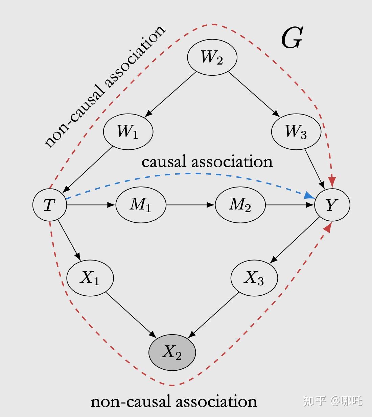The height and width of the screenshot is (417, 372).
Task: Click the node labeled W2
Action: [212, 57]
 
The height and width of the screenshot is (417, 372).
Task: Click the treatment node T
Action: [49, 205]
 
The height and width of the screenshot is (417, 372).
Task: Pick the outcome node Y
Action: [332, 205]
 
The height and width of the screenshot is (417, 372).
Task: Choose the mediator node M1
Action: [141, 205]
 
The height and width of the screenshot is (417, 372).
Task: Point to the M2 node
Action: [240, 205]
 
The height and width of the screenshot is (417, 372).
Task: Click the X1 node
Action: [90, 278]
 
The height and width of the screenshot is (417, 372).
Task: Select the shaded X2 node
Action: [172, 352]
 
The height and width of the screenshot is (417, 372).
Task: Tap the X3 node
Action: [254, 278]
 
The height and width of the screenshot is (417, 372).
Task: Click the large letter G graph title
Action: [292, 38]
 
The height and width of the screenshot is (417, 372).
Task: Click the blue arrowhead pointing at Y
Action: [309, 195]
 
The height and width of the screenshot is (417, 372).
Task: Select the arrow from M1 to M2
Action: [190, 205]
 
